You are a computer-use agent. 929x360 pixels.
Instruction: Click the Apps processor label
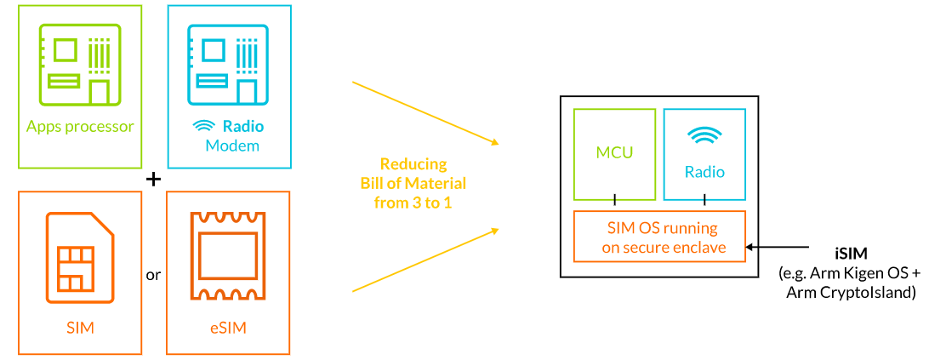pyautogui.click(x=80, y=127)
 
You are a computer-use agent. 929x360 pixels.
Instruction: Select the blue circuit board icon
pyautogui.click(x=229, y=65)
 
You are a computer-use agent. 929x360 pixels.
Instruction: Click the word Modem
pyautogui.click(x=232, y=146)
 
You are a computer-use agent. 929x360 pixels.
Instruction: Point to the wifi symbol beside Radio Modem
pyautogui.click(x=204, y=126)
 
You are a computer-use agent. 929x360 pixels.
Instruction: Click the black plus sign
pyautogui.click(x=153, y=179)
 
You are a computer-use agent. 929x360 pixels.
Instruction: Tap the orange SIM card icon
pyautogui.click(x=80, y=255)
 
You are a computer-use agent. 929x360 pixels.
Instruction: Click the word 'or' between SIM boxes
pyautogui.click(x=153, y=275)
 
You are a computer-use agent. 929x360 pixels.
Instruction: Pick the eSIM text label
pyautogui.click(x=228, y=327)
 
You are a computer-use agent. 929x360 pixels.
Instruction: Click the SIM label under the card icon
pyautogui.click(x=79, y=327)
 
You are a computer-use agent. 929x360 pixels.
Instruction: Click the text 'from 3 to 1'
pyautogui.click(x=413, y=202)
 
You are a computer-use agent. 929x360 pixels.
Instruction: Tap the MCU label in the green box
pyautogui.click(x=614, y=152)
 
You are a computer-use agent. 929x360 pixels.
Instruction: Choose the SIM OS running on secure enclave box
pyautogui.click(x=659, y=237)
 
